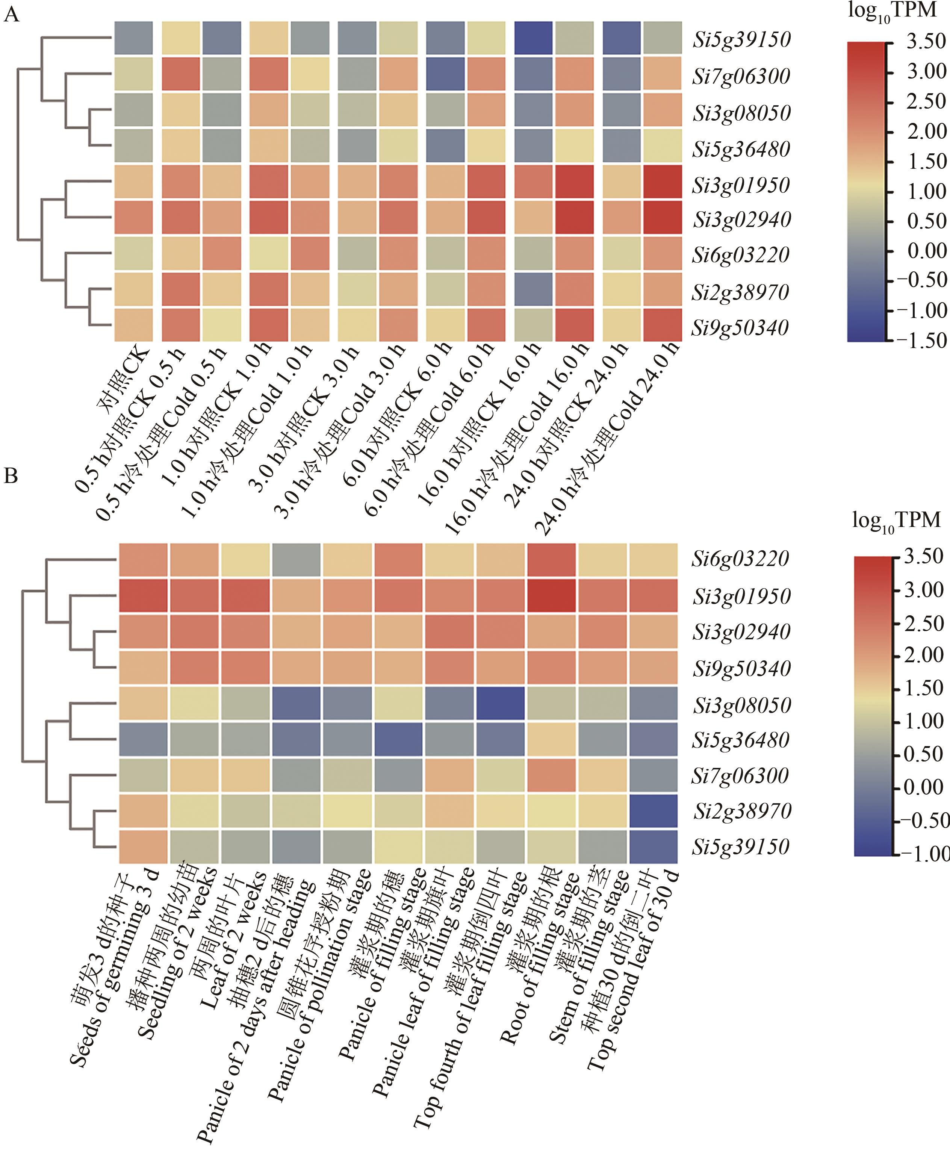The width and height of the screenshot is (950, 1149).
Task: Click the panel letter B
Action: coord(11,476)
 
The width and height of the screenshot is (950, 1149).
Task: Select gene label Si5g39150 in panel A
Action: coord(741,40)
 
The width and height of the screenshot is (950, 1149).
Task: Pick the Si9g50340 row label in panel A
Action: coord(740,328)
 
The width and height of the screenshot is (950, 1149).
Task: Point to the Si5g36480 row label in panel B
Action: coord(741,740)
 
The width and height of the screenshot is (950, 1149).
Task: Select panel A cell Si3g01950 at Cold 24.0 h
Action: coord(662,183)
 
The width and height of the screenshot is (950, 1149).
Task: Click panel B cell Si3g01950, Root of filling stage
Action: coord(551,596)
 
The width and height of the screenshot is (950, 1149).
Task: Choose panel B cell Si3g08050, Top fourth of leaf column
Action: coord(500,704)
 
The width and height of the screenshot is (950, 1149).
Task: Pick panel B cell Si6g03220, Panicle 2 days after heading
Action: coord(296,560)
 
